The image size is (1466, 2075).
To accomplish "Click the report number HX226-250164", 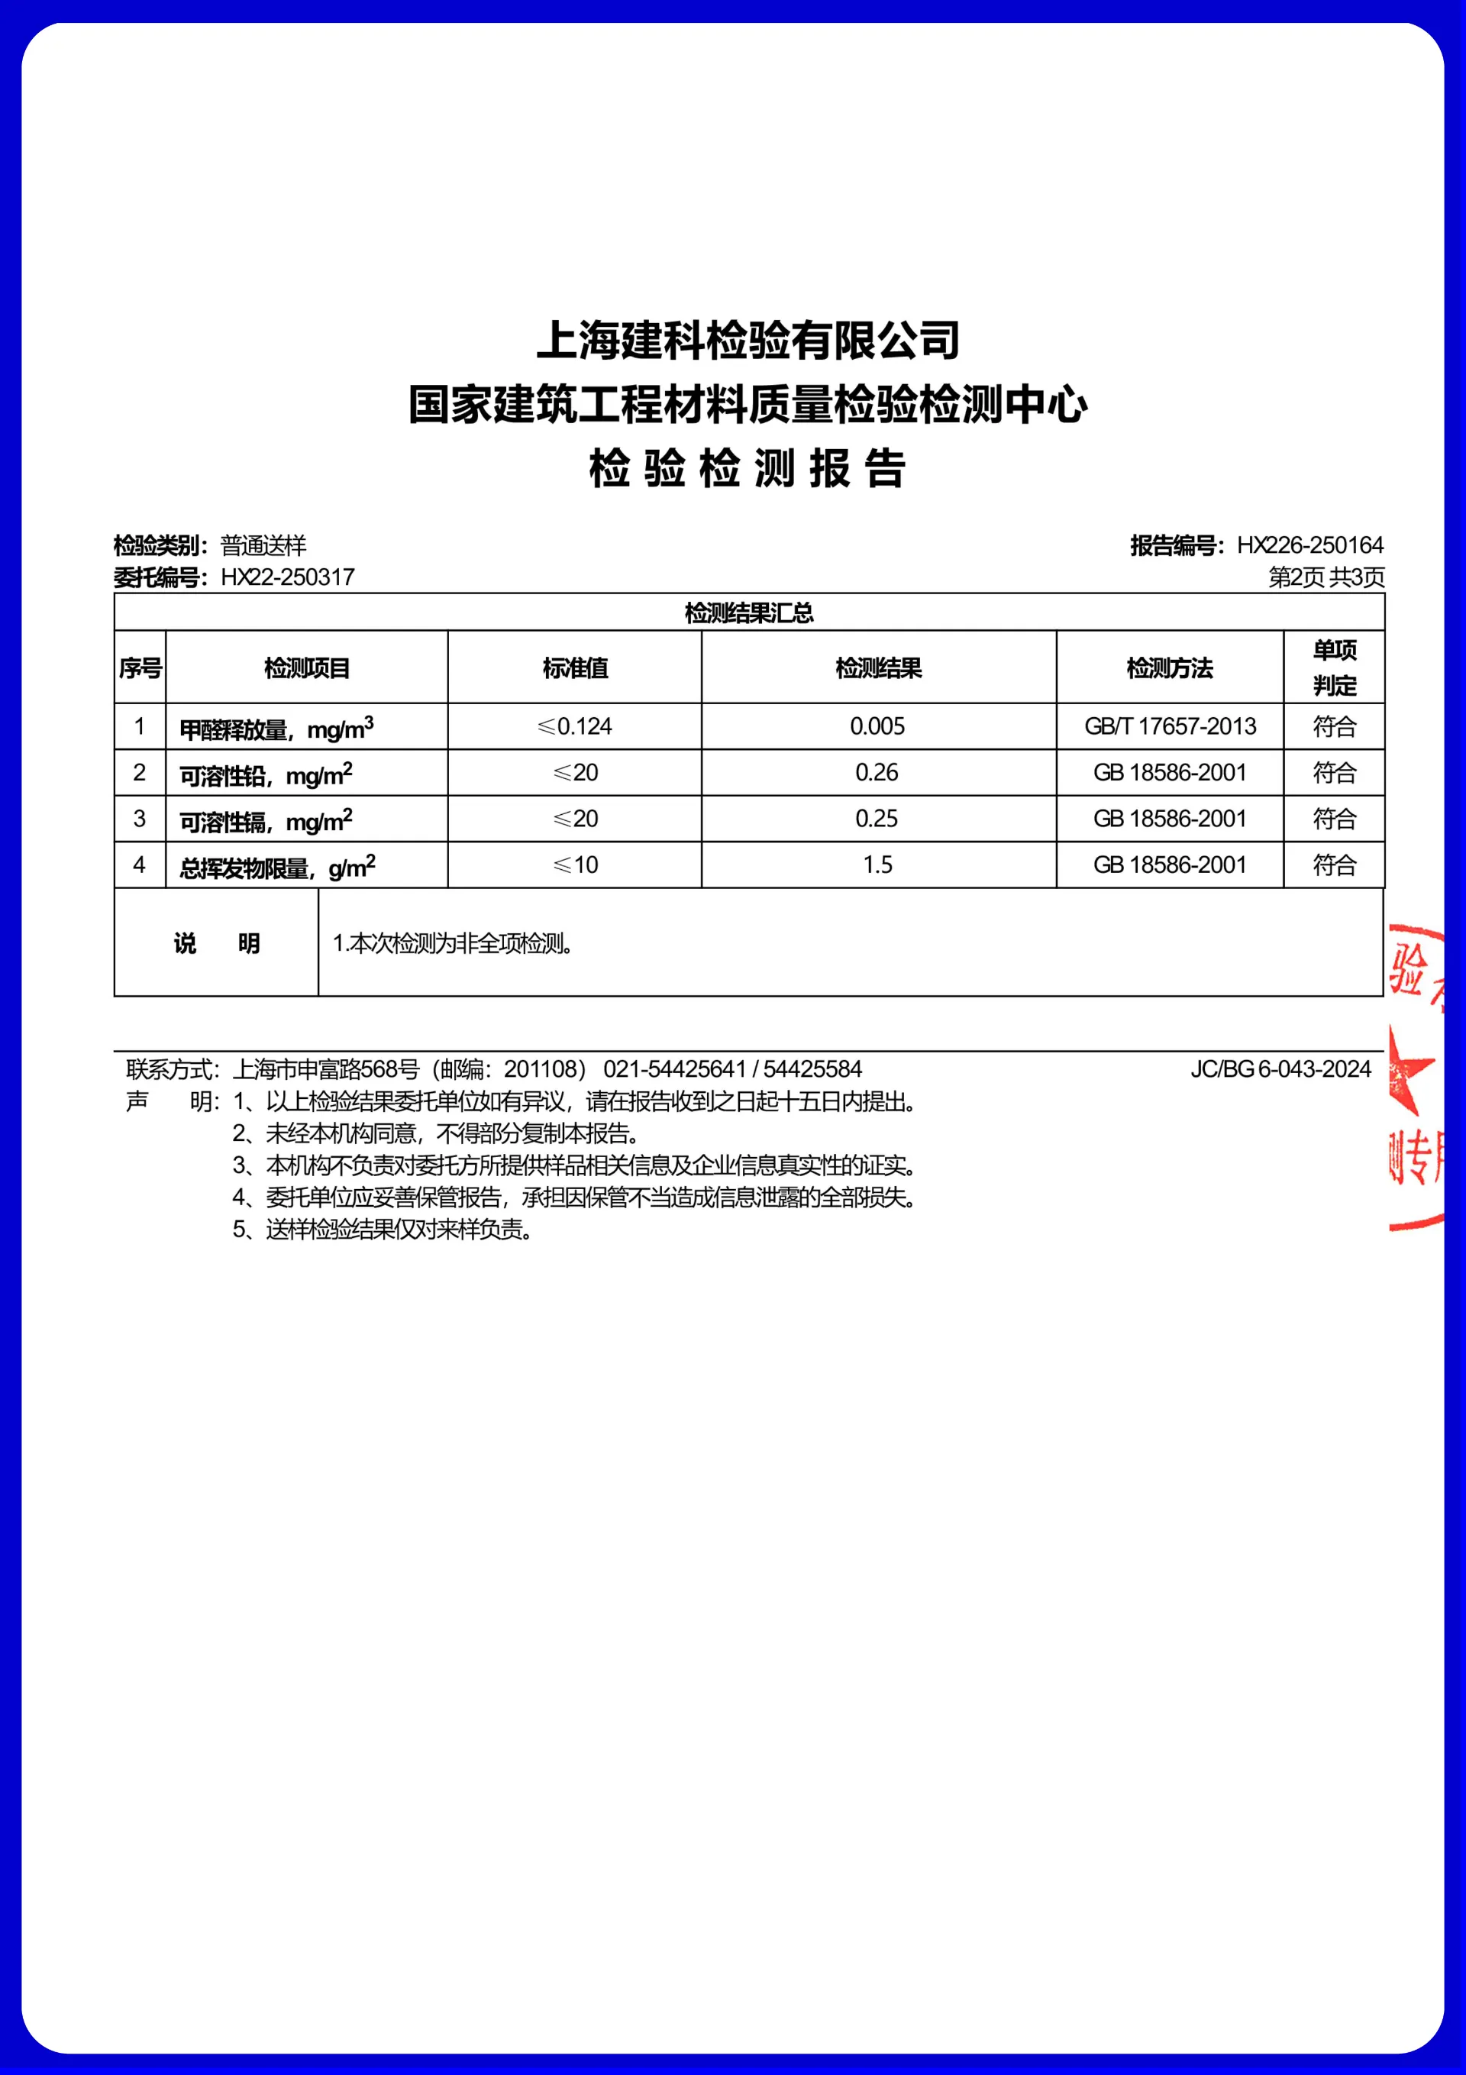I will point(1309,545).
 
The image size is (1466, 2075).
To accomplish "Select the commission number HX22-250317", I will point(287,577).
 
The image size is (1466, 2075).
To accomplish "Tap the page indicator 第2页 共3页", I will point(1326,577).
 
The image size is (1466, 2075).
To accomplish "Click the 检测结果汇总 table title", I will point(748,612).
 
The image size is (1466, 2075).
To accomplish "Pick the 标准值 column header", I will point(575,668).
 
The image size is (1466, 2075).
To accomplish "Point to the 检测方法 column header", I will point(1170,668).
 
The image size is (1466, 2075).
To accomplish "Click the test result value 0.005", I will point(877,726).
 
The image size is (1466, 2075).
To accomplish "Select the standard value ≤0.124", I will point(575,726).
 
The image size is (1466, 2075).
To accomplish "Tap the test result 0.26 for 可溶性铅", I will point(877,773).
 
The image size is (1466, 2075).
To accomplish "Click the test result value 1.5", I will point(877,865).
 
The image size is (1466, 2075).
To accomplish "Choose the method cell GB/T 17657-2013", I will point(1170,726).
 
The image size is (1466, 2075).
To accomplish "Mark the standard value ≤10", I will point(575,865).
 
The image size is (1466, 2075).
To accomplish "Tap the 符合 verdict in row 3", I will point(1334,819).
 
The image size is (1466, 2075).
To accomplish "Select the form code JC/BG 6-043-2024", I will point(1280,1069).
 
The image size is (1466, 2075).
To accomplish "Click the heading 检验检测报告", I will point(747,469).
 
